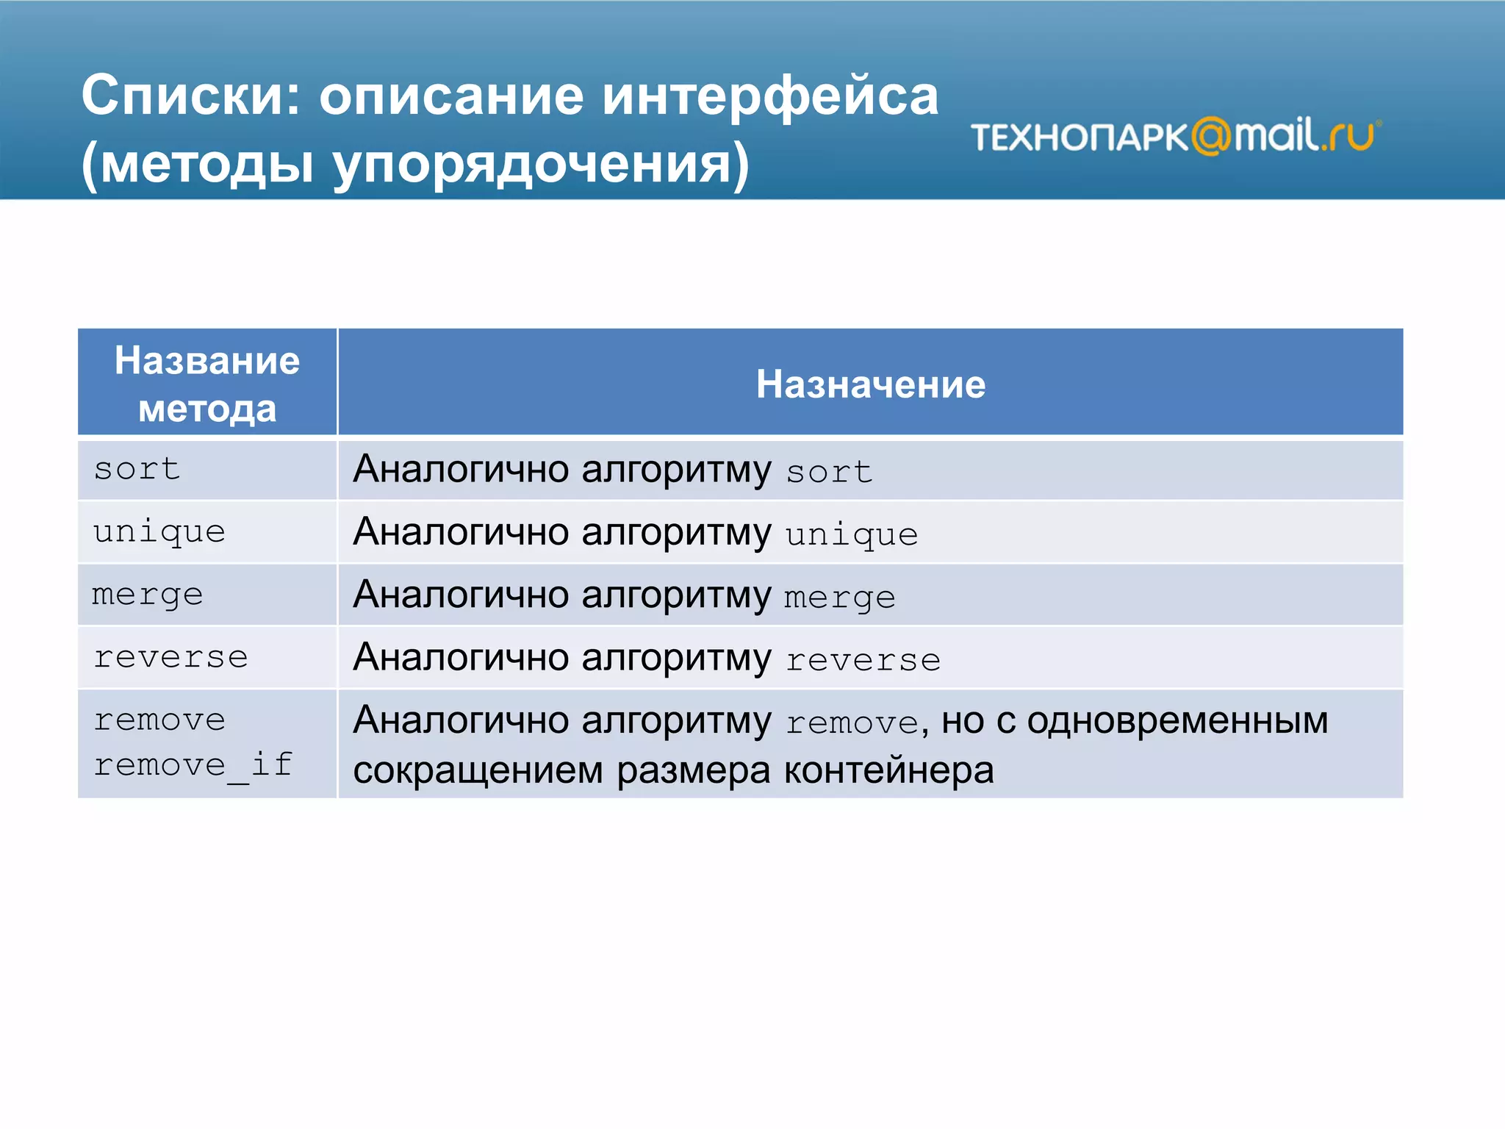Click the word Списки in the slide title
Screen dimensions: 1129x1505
[x=190, y=96]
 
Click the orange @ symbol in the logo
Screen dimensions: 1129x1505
[x=1211, y=136]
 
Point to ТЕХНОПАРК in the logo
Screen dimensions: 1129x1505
[x=1079, y=137]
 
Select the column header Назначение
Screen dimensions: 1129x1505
[x=870, y=384]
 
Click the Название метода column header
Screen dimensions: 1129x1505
[x=207, y=384]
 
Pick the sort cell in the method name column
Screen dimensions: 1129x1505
[x=137, y=469]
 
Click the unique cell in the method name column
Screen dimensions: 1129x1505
[x=159, y=531]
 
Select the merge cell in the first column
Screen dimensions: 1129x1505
[x=148, y=595]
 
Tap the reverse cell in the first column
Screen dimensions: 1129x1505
[x=171, y=657]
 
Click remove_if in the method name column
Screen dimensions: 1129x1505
[x=193, y=765]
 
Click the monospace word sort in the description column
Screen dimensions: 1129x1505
[x=830, y=472]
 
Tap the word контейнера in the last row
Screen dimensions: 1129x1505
[x=888, y=770]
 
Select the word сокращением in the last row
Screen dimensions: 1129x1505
[x=478, y=770]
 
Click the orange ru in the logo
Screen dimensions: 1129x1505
[x=1351, y=136]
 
